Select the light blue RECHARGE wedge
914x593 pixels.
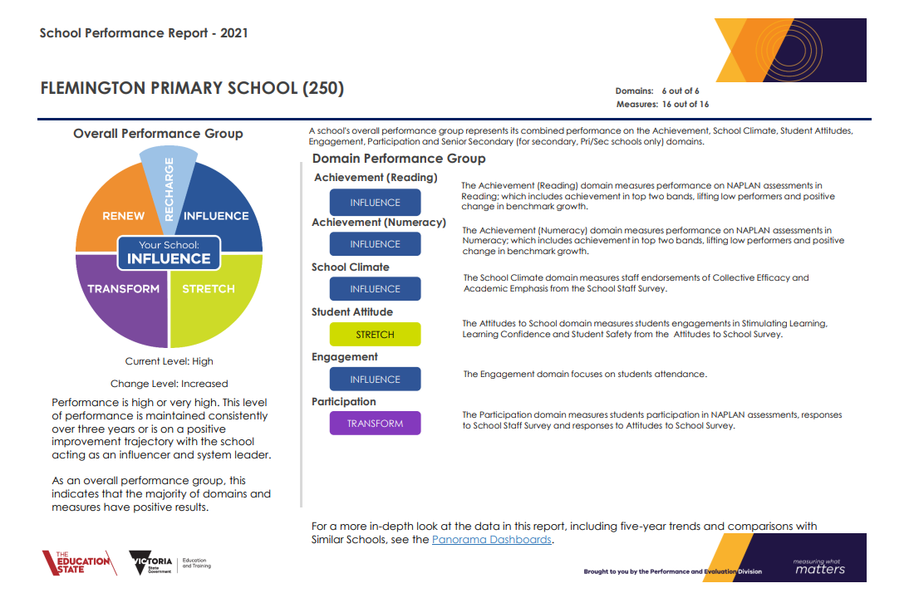point(169,180)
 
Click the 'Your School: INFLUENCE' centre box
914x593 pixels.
point(169,252)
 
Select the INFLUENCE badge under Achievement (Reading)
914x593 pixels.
point(375,202)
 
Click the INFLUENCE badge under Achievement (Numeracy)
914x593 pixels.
point(375,244)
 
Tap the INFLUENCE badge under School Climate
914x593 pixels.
point(375,289)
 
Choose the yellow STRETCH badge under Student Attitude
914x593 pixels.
point(375,335)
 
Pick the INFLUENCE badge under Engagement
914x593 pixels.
point(375,380)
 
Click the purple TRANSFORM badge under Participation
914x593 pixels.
point(375,424)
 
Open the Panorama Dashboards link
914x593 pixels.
point(491,539)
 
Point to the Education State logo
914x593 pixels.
point(79,563)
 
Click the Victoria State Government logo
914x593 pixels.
point(170,563)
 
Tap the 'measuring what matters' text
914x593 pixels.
point(819,566)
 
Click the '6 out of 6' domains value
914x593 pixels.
point(681,91)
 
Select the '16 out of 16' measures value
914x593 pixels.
point(685,105)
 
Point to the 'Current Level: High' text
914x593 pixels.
point(169,361)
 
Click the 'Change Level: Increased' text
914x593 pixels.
point(169,384)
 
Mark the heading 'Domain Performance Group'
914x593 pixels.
point(399,159)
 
